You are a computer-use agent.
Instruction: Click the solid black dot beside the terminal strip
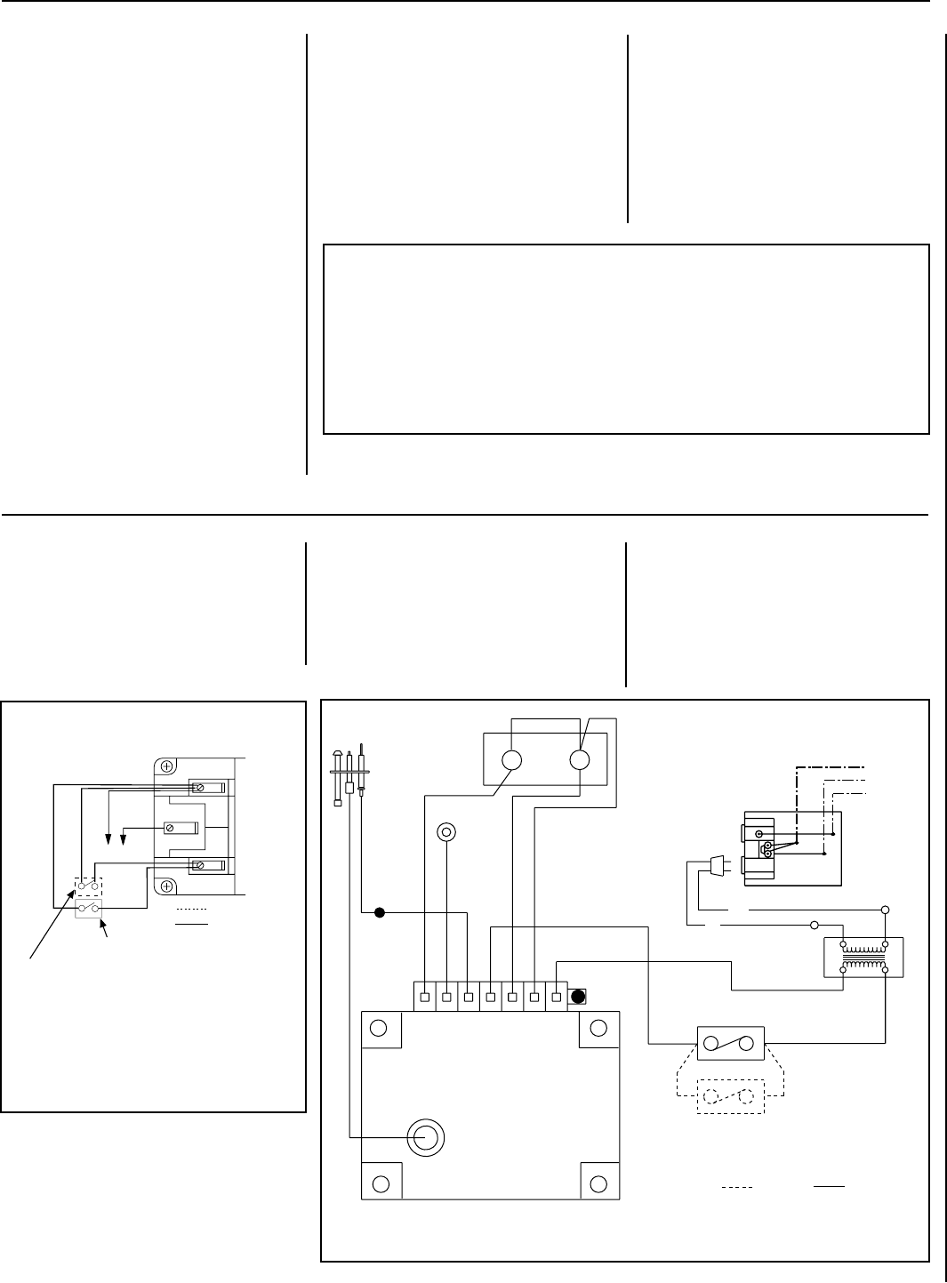578,996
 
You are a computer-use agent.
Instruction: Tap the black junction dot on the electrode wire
379,912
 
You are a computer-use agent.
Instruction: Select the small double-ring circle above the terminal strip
446,832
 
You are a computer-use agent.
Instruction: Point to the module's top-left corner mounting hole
379,1028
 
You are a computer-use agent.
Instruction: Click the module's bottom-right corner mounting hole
598,1183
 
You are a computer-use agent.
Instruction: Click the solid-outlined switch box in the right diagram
731,1044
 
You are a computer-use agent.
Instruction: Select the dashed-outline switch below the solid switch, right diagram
732,1097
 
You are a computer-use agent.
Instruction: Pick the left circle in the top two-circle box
510,760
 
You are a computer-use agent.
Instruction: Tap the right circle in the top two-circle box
579,760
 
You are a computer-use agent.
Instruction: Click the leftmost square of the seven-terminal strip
425,997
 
